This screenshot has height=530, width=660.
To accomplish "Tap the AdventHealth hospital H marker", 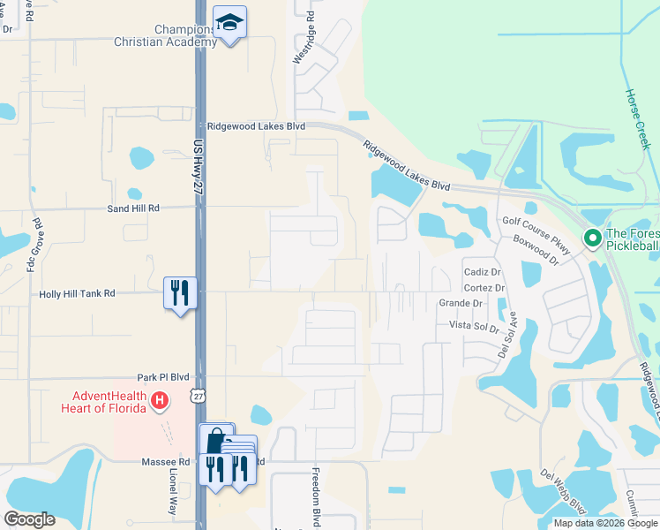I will click(160, 401).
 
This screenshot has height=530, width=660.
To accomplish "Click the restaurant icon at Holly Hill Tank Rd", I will click(180, 291).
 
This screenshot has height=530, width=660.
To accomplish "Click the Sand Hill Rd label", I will click(133, 208).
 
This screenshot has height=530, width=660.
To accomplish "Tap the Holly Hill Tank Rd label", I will click(77, 293).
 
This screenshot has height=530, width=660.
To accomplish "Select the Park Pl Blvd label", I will click(163, 376).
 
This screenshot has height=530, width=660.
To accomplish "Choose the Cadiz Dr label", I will click(482, 272).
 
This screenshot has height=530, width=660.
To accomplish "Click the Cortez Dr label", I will click(484, 288).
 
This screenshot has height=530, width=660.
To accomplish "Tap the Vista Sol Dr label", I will click(475, 325).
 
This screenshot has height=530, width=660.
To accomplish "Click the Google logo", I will click(29, 519).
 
